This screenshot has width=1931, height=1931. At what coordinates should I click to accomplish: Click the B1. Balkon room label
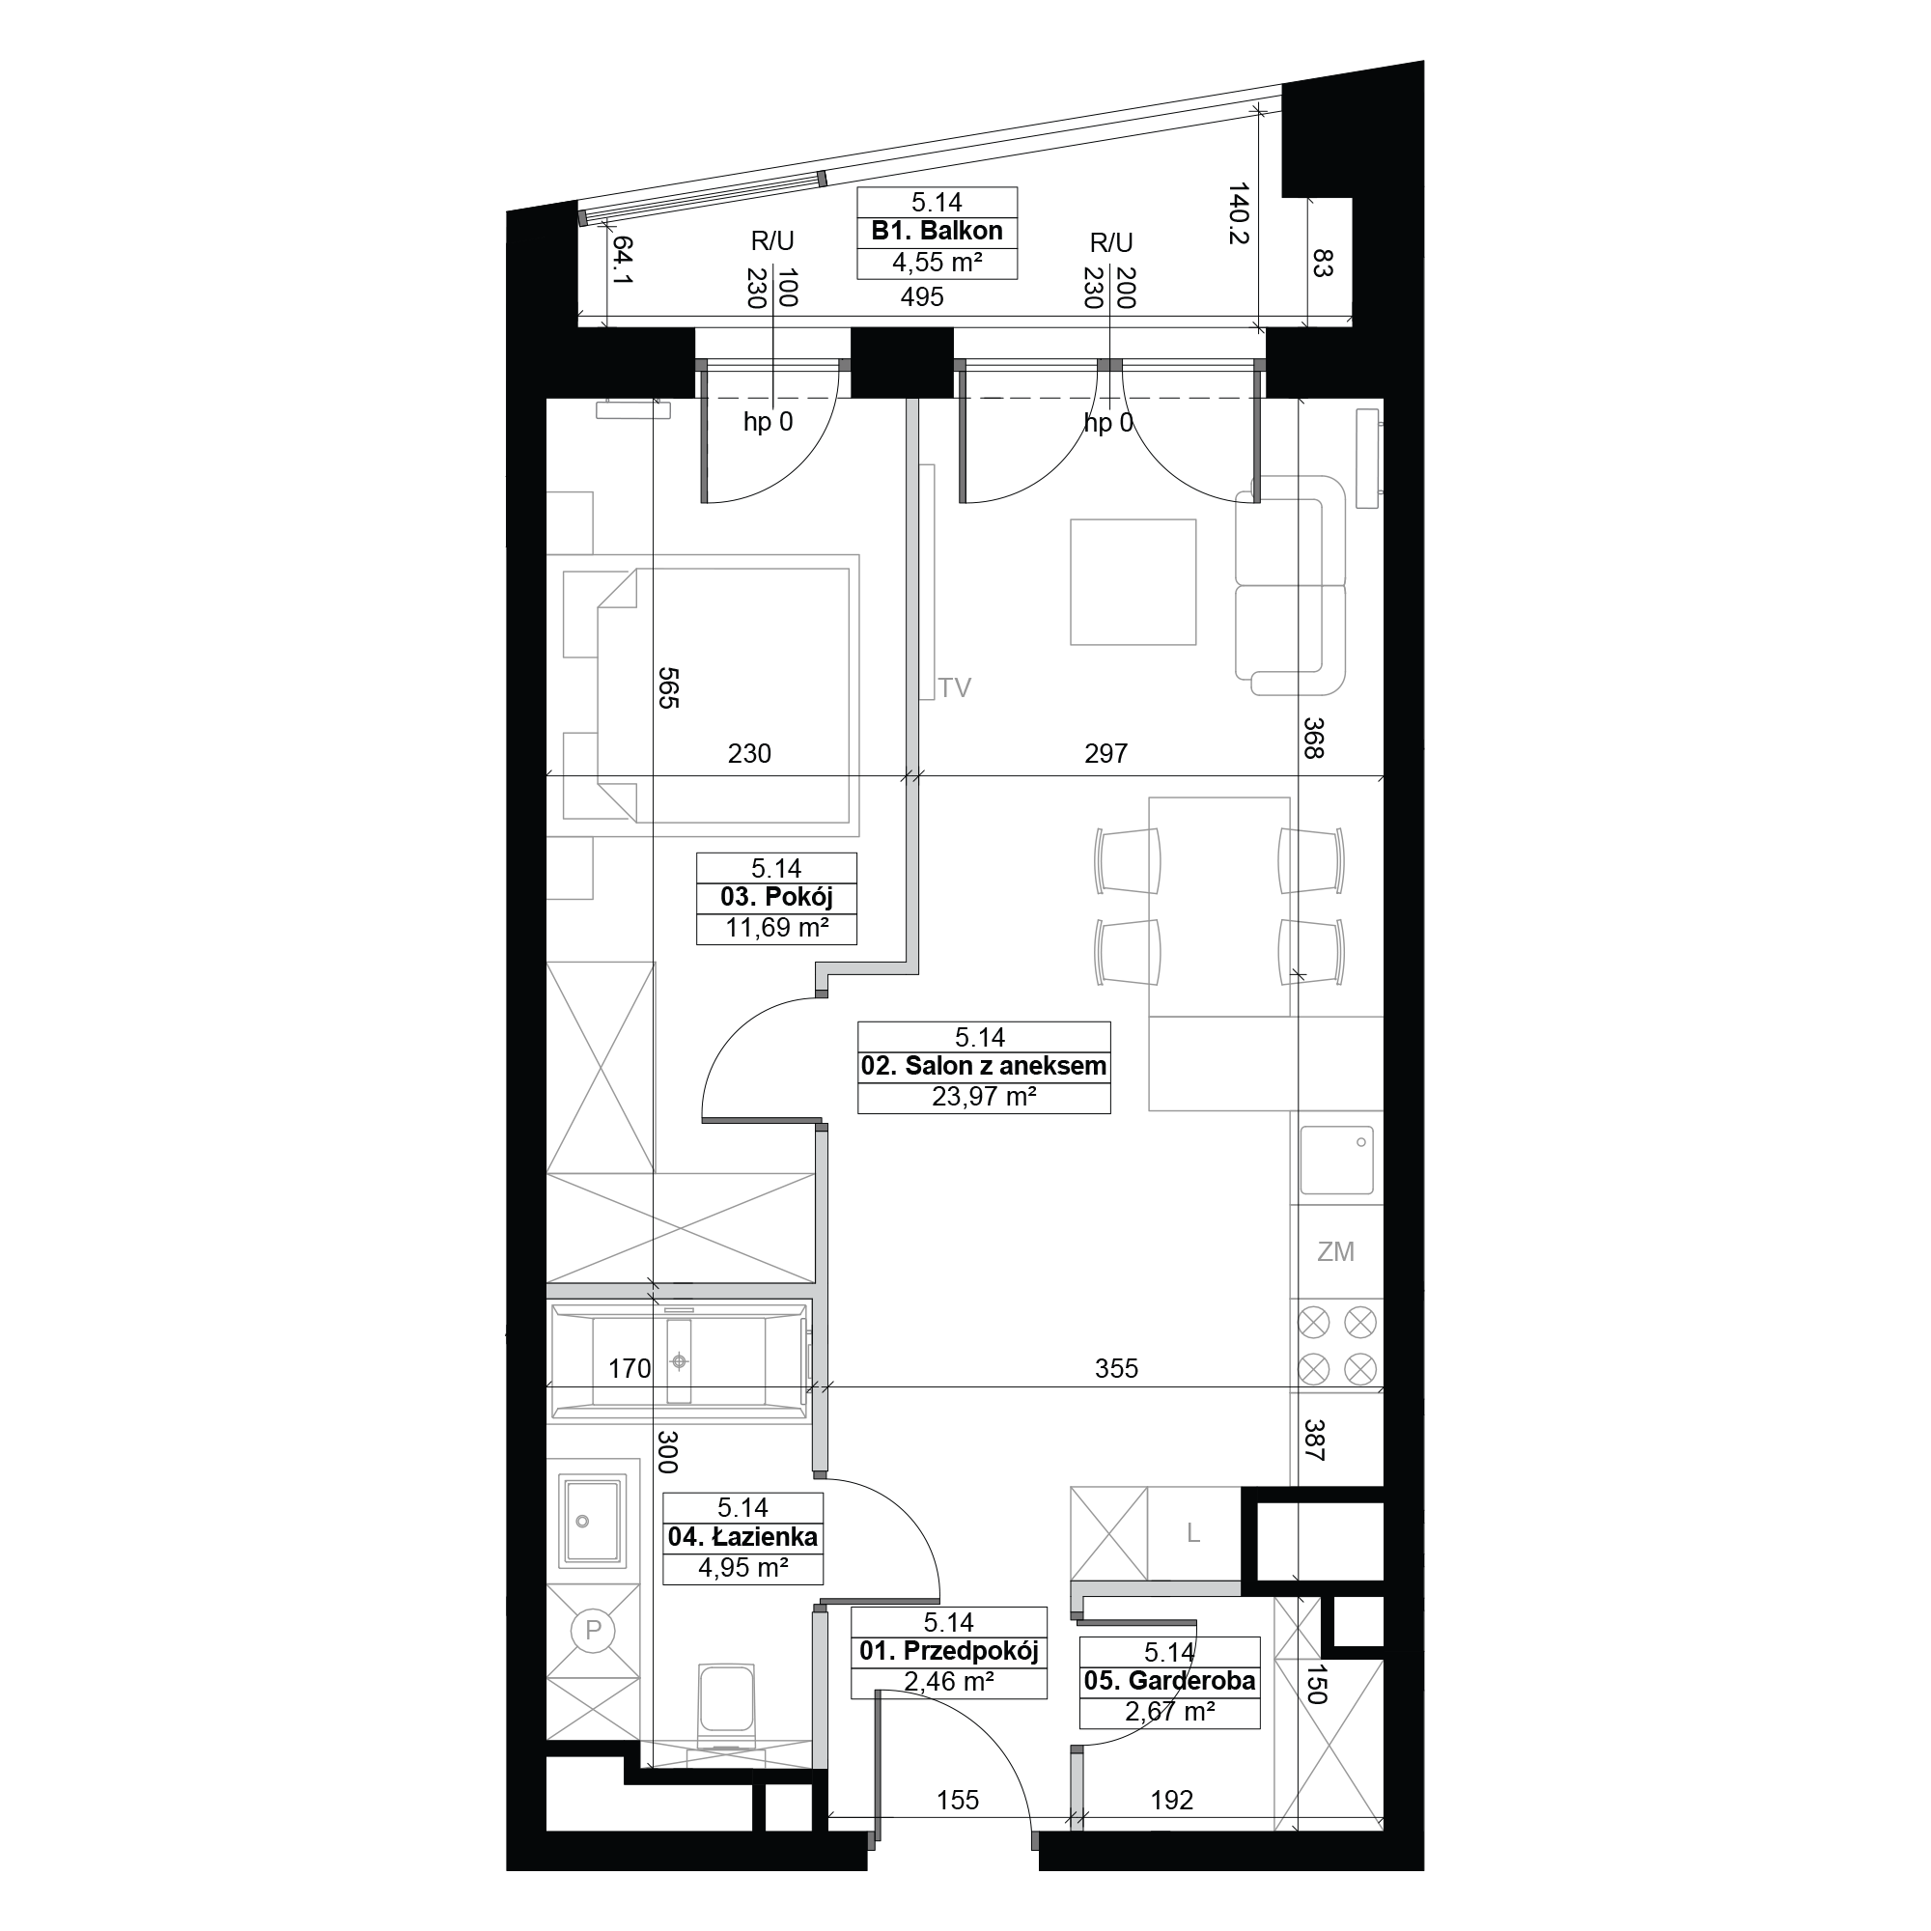[937, 231]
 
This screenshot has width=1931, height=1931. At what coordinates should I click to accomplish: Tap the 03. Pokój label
[775, 897]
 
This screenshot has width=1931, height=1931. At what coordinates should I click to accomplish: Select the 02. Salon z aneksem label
[984, 1066]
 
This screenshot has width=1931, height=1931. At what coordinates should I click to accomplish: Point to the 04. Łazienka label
[742, 1536]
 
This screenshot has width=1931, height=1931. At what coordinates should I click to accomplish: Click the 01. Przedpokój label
[948, 1650]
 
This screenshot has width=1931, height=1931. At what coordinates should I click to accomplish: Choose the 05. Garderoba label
[1169, 1680]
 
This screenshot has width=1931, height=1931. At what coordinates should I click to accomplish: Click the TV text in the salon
[955, 687]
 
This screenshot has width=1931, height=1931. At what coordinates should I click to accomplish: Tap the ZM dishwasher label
[1335, 1251]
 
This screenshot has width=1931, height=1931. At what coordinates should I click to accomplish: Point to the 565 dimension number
[668, 687]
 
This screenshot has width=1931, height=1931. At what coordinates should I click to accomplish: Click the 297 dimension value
[1105, 753]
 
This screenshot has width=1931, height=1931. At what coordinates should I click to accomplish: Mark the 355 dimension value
[1115, 1367]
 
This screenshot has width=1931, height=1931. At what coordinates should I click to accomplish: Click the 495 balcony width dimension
[921, 295]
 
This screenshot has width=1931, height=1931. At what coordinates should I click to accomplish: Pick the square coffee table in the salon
[1133, 581]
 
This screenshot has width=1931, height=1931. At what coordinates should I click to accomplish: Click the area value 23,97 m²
[984, 1097]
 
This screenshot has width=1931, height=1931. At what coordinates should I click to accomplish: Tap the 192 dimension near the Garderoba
[1171, 1800]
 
